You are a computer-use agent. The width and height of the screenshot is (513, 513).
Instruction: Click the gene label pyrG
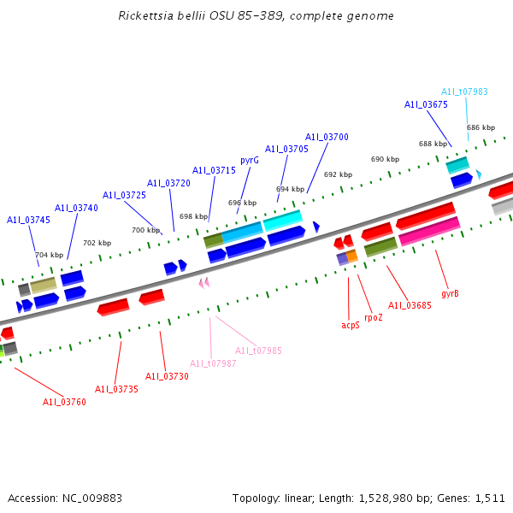click(x=250, y=160)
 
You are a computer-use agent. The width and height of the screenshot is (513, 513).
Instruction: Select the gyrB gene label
click(x=450, y=293)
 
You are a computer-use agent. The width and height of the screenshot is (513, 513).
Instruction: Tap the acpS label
click(x=351, y=325)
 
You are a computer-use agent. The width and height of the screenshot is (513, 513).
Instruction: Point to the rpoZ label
click(x=374, y=317)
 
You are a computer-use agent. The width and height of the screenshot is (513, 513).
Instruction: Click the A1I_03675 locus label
click(x=426, y=104)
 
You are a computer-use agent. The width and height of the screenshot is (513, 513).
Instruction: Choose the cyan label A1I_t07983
click(x=464, y=92)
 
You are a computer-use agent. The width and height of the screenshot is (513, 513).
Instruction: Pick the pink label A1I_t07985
click(x=258, y=351)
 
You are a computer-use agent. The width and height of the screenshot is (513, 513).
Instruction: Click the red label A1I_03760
click(x=64, y=402)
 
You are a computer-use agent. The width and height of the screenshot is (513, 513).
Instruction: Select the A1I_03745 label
click(x=28, y=220)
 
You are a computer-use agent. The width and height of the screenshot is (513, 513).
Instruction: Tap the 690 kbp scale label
click(x=385, y=159)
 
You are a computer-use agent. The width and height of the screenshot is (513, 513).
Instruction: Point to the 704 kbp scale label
click(x=49, y=255)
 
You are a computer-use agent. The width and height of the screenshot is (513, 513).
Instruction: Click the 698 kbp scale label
click(x=192, y=216)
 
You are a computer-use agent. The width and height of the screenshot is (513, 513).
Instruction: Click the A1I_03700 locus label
click(x=327, y=137)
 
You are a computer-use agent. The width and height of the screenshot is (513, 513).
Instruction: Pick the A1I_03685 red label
click(x=410, y=305)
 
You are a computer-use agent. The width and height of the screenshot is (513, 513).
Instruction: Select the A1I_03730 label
click(x=167, y=376)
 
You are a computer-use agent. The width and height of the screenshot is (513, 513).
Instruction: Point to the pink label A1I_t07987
click(x=213, y=363)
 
